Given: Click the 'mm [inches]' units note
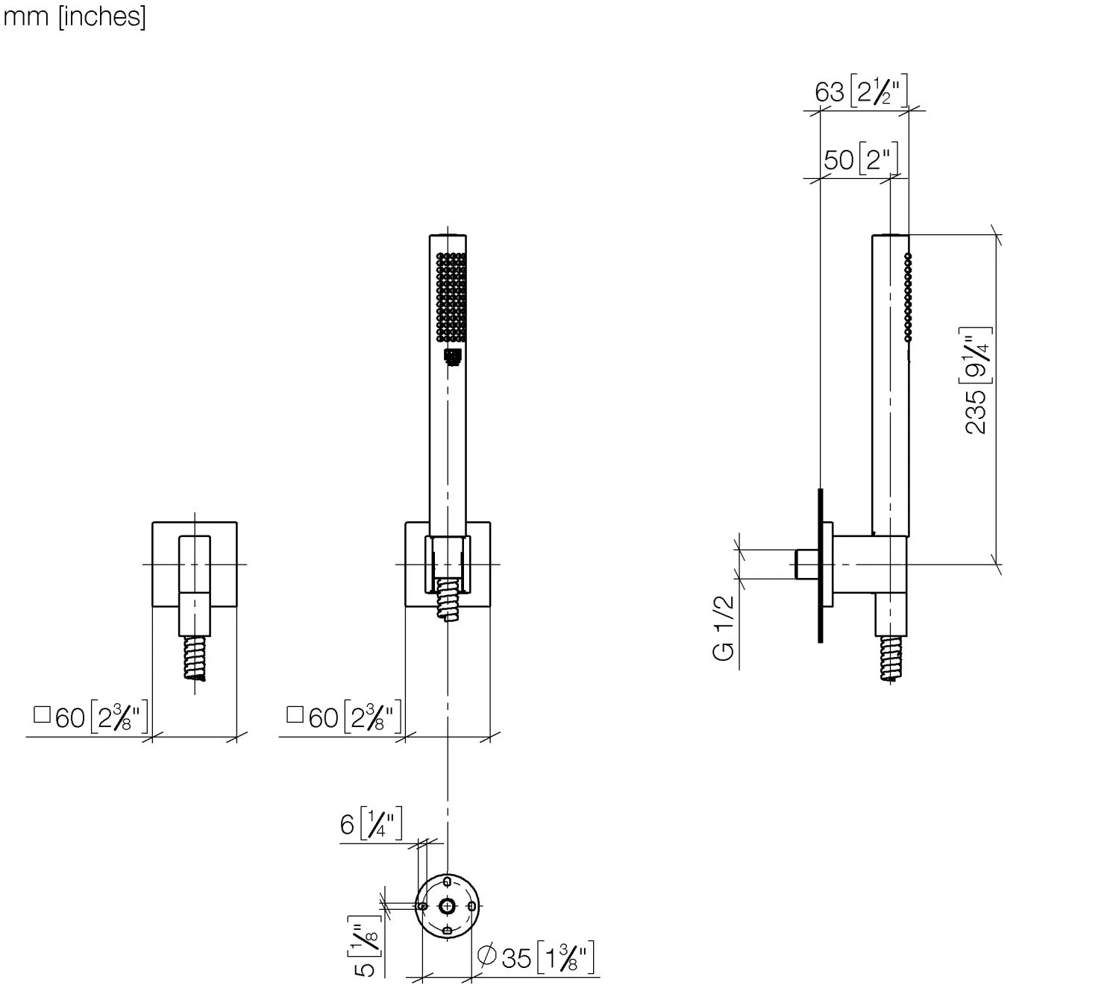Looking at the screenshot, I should pos(75,16).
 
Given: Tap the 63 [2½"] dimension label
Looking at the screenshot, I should pos(862,92).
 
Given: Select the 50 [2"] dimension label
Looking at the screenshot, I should pos(861,160).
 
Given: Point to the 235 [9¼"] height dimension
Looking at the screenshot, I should pos(977,380).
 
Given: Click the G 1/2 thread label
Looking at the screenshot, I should pos(724,628).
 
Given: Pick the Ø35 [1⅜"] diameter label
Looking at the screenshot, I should pos(536,958).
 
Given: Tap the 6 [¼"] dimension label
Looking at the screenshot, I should pos(372,825).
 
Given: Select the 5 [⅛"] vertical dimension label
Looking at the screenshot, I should pos(365,947).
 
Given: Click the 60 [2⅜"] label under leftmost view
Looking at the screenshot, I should pos(91,717).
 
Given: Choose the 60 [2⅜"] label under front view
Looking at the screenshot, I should pos(345,717).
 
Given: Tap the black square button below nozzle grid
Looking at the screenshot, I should pos(452,356).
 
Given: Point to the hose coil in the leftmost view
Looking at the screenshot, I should pos(195,658).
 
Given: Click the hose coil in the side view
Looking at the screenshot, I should pos(891,658).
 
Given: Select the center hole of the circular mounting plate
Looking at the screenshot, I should pos(447,906).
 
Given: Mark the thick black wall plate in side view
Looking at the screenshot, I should pos(820,565).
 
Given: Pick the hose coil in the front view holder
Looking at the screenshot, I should pos(448,598).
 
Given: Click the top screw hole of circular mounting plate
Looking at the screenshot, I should pos(447,882).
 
